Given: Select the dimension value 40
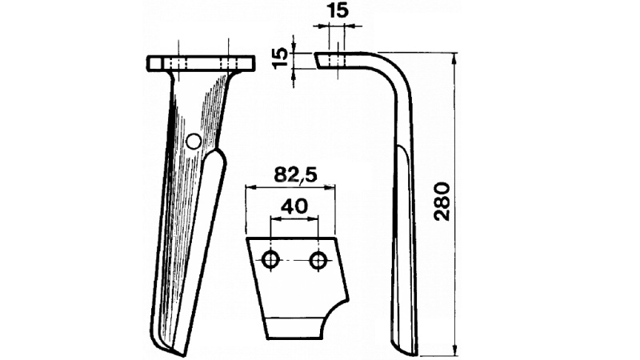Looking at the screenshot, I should (294, 206).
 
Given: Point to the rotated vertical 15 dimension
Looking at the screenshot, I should (280, 58).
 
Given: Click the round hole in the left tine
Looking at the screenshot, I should (193, 142).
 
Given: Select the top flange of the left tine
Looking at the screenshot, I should (200, 62).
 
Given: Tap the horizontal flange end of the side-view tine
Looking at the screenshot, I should (322, 59).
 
